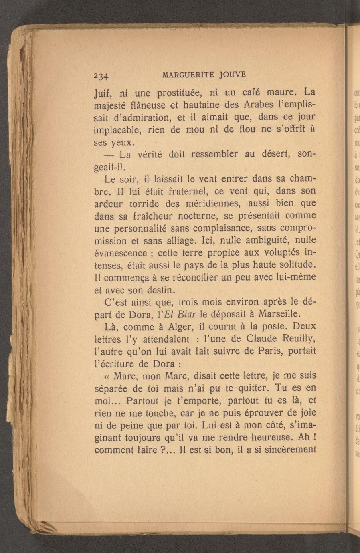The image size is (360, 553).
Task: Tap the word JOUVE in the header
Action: tap(233, 75)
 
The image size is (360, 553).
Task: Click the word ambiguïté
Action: tap(263, 241)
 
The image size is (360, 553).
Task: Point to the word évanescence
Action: tap(120, 254)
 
